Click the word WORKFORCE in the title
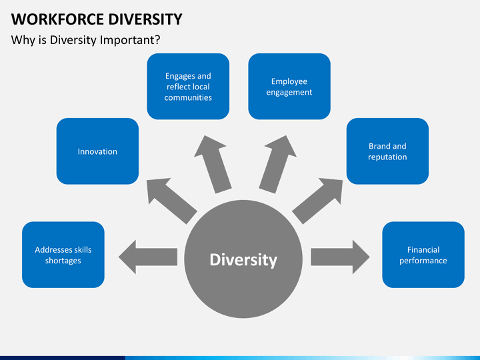57,19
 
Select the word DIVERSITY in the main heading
145,19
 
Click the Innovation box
97,151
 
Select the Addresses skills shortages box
63,255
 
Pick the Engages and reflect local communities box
188,86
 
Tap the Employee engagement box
289,86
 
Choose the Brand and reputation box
387,151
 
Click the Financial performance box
423,255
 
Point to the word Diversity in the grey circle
243,260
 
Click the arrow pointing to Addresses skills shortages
148,257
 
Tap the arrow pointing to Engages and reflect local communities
212,165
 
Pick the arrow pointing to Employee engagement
278,165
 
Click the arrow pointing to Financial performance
341,257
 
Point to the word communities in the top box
188,97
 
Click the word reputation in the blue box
387,157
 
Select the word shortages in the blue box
63,261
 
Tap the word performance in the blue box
423,261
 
